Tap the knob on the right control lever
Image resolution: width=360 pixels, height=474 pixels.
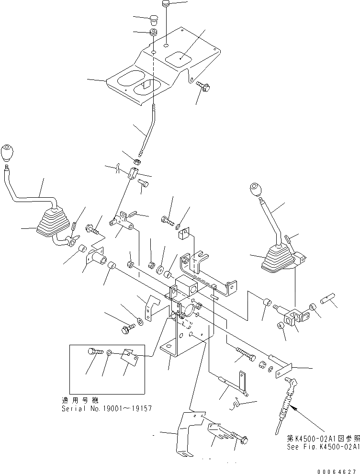[x=256, y=191]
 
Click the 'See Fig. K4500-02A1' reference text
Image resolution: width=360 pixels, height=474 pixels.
[x=323, y=446]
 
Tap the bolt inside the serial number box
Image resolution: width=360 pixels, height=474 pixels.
[x=94, y=352]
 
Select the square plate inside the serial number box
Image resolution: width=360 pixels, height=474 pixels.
[x=128, y=355]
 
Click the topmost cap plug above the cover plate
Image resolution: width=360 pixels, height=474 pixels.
[x=165, y=4]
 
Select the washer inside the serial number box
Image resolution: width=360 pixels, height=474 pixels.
[x=109, y=353]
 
